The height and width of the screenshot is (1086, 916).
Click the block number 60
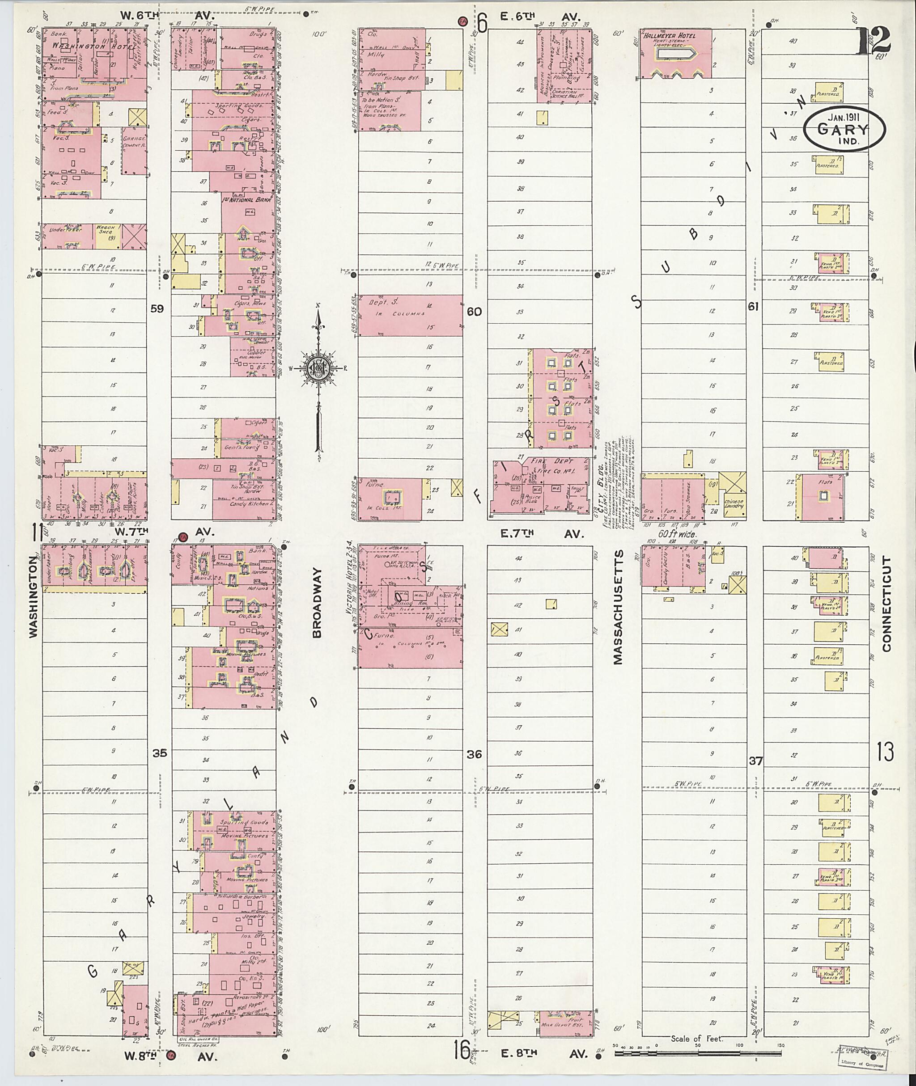pos(474,312)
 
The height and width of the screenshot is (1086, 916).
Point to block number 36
pos(474,754)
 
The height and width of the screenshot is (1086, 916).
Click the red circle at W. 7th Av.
pos(182,537)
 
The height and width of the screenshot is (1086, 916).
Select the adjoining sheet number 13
pos(886,752)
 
